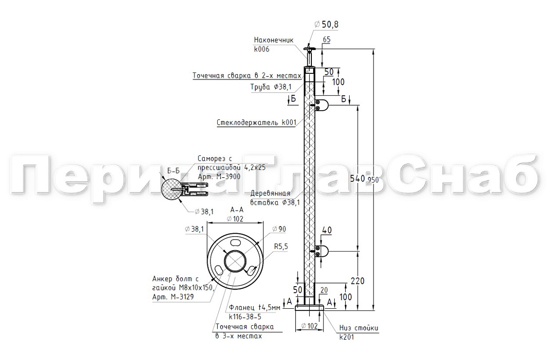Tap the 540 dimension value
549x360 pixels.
pyautogui.click(x=357, y=179)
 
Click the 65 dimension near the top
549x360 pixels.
pyautogui.click(x=327, y=40)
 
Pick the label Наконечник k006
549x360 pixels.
pyautogui.click(x=273, y=45)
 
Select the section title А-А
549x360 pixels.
pyautogui.click(x=237, y=210)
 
